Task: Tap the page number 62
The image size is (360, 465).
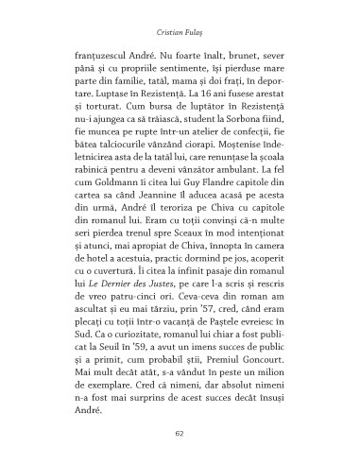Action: point(179,433)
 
